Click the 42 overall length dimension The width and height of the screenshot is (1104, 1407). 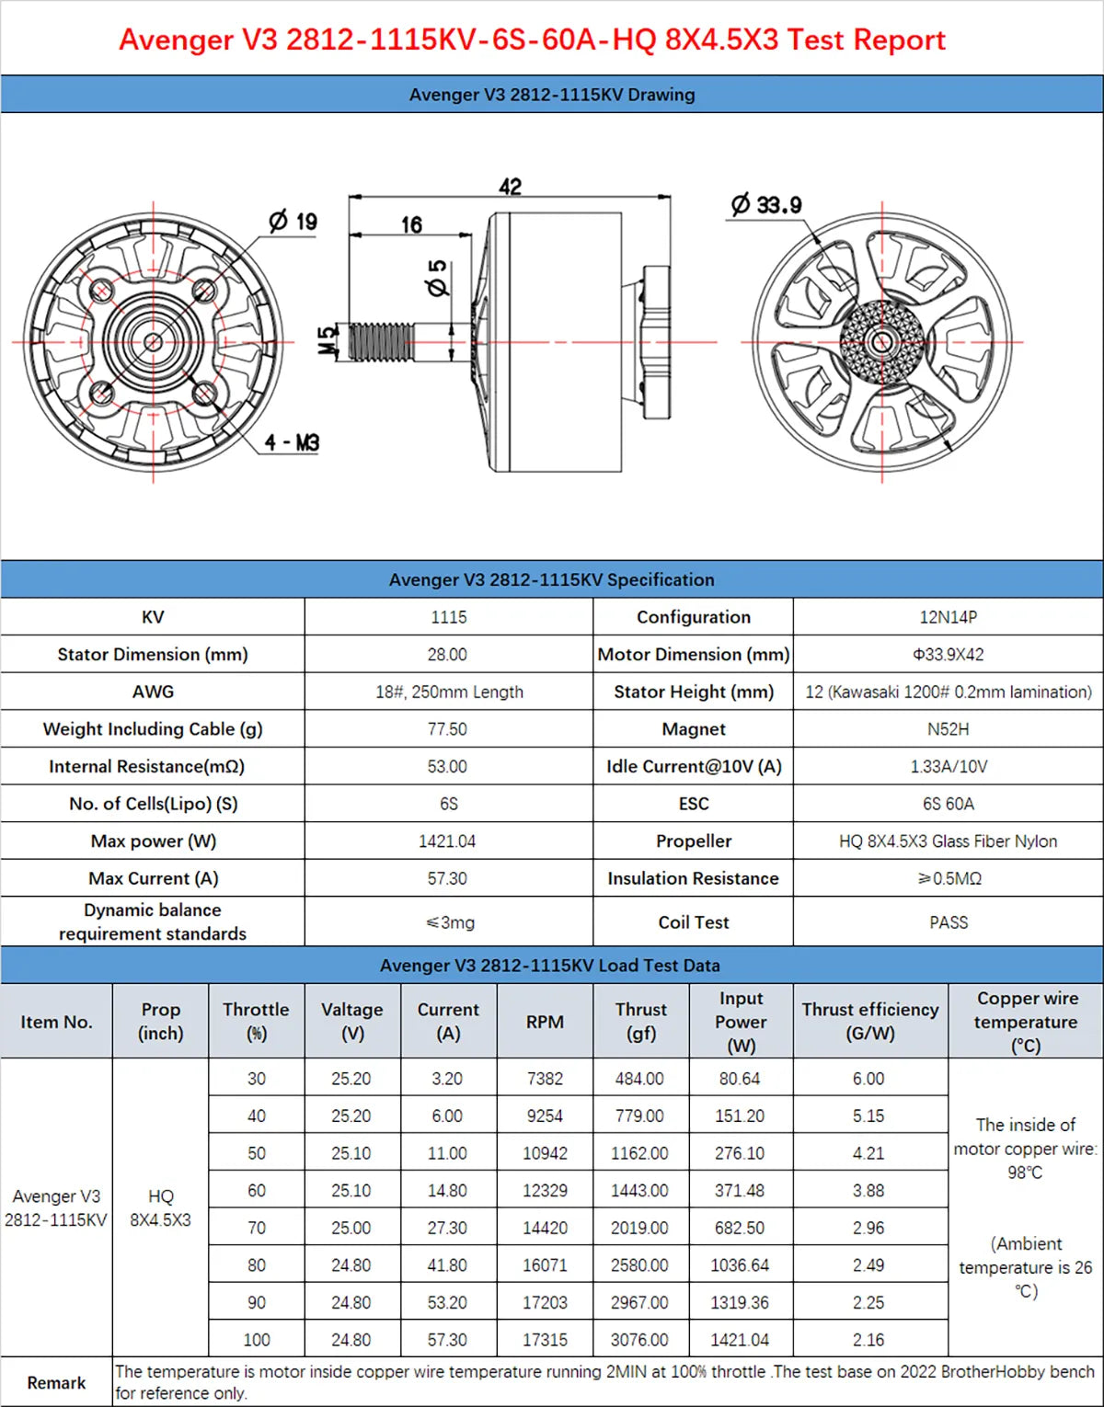pos(510,187)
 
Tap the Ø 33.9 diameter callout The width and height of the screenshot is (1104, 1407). pos(766,204)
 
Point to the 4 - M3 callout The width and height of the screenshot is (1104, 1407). pos(292,442)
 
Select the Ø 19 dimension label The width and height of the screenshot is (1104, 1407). pos(293,221)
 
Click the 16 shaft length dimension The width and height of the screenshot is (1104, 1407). pos(411,224)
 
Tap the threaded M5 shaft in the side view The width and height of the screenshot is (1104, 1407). pos(379,341)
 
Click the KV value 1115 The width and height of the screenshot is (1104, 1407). pos(448,617)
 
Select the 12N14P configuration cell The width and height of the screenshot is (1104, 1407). pos(948,617)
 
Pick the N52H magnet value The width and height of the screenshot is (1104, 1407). pos(948,729)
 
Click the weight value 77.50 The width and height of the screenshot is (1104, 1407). pos(447,729)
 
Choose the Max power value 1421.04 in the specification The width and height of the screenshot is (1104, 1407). pos(447,841)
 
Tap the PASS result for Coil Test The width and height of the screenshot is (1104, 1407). pos(948,922)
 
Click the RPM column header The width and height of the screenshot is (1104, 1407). pos(545,1022)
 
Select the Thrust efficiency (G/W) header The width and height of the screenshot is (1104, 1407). pos(869,1021)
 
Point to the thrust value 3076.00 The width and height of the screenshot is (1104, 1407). pos(639,1340)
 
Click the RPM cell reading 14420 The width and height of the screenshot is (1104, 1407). pos(545,1228)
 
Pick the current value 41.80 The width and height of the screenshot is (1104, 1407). pos(447,1265)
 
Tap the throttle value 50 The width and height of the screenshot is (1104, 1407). pos(257,1153)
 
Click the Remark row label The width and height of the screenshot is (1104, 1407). pos(56,1383)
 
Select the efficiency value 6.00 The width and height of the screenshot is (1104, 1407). pos(868,1079)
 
